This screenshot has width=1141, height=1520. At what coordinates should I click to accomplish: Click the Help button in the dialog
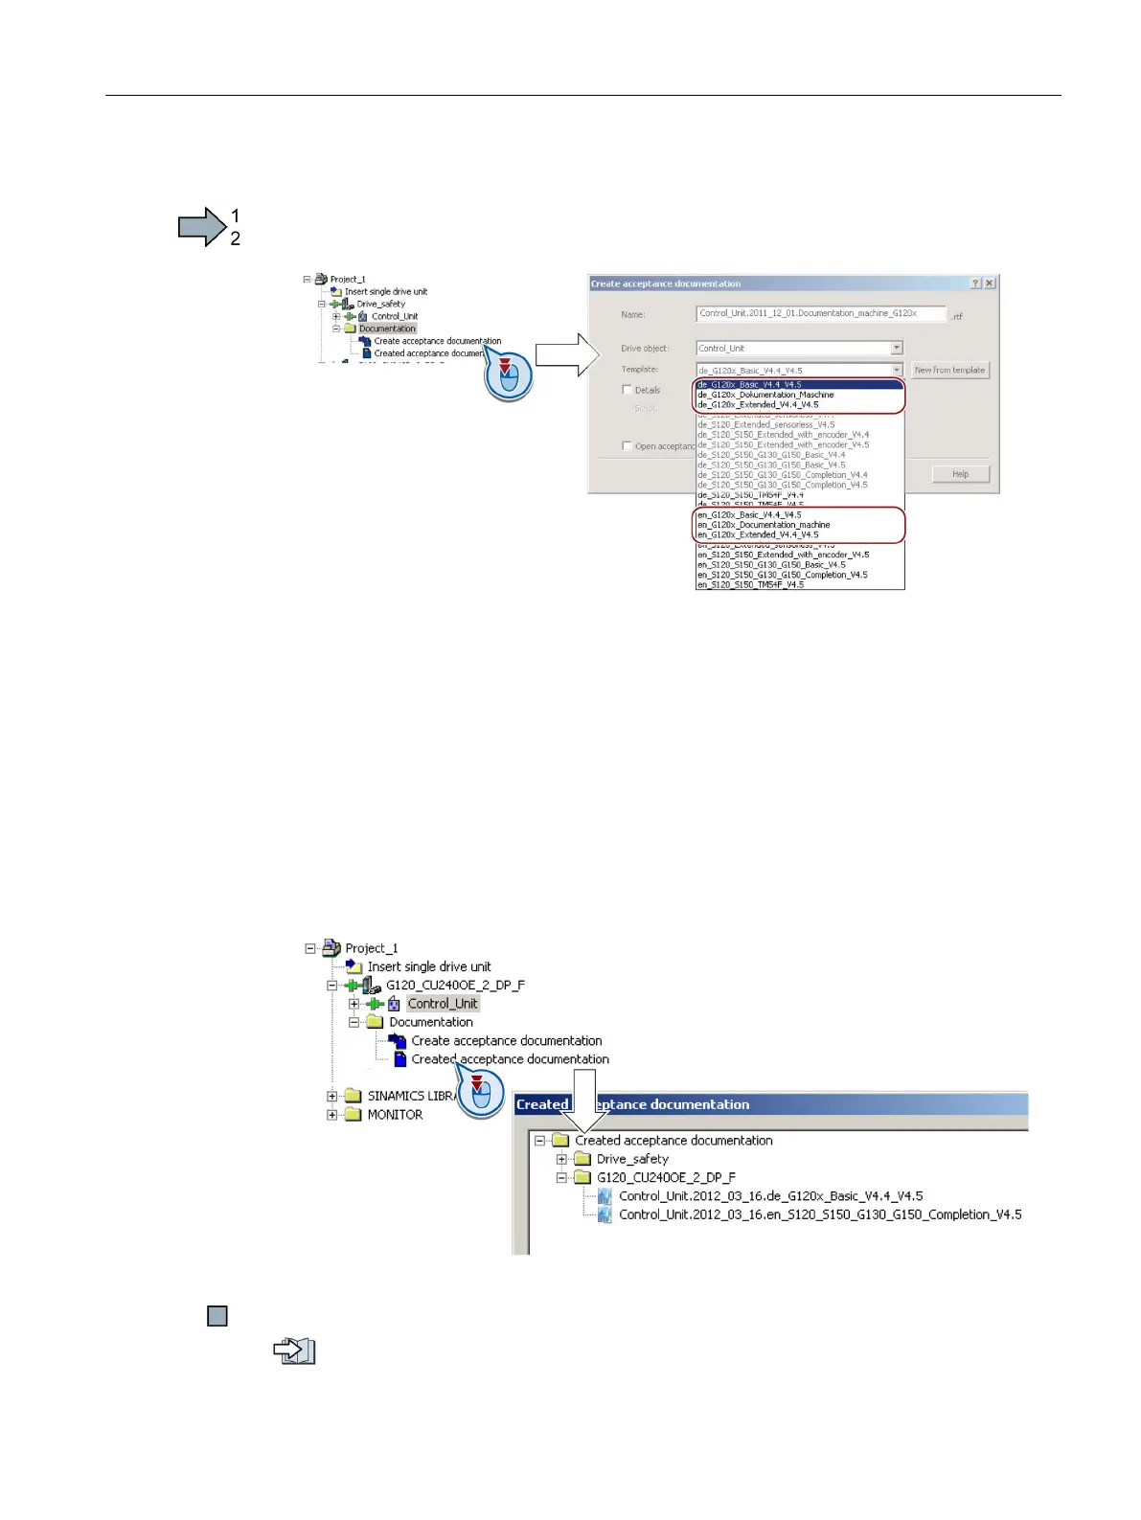[960, 474]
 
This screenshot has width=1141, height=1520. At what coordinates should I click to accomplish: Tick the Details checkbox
[628, 390]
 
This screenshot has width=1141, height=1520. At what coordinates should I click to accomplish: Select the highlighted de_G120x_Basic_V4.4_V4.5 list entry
[750, 385]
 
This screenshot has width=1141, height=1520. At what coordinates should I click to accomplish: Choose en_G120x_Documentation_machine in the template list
[764, 525]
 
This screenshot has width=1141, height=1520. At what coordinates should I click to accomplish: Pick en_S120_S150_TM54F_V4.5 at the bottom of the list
[750, 584]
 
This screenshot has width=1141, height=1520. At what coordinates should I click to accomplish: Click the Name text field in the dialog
[820, 313]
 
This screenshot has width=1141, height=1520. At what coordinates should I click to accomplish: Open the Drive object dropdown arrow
[897, 349]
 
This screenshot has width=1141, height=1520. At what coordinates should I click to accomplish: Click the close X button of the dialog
[990, 284]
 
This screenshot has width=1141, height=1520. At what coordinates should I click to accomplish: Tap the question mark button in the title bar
[975, 284]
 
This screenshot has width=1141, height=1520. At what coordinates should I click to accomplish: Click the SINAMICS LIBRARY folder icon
[354, 1096]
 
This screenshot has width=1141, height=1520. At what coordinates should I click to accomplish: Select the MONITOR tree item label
[395, 1115]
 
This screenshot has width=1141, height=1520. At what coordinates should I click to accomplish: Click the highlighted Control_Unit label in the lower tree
[443, 1004]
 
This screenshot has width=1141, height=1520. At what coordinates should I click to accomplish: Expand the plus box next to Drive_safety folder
[562, 1159]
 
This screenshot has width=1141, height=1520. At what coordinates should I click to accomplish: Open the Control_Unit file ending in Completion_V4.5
[819, 1214]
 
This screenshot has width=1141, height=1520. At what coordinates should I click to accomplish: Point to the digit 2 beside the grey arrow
[236, 238]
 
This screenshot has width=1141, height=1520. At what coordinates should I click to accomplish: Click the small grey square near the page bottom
[217, 1316]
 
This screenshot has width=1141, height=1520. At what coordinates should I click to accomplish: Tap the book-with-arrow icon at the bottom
[294, 1351]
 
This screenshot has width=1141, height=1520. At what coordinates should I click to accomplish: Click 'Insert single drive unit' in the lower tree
[428, 966]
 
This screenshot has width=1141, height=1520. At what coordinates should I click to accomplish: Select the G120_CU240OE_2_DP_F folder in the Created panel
[666, 1177]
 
